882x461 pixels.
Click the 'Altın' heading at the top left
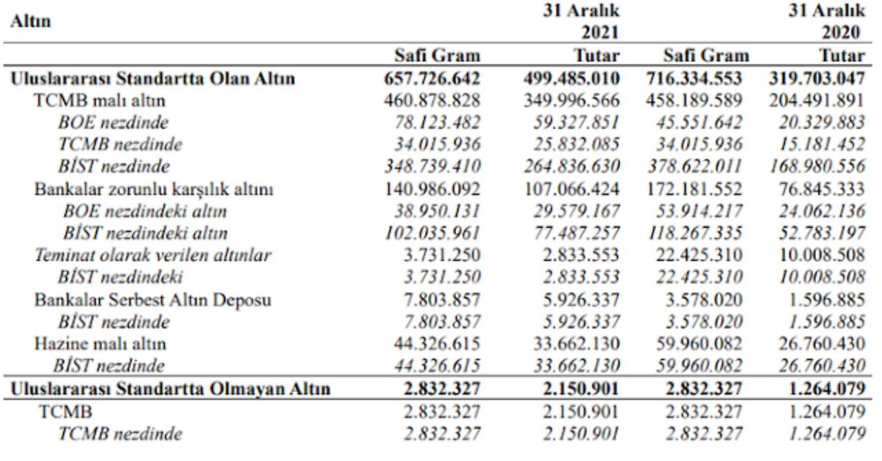coord(31,21)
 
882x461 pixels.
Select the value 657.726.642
coord(432,79)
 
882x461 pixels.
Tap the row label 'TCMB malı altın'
coord(100,101)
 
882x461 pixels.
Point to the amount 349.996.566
coord(571,101)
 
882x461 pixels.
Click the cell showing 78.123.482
coord(432,123)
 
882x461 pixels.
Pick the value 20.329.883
coord(817,123)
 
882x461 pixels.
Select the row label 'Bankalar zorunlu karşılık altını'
coord(154,189)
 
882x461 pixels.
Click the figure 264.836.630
coord(571,167)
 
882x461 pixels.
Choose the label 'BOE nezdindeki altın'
coord(145,212)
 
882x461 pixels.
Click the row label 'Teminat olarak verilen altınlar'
coord(153,256)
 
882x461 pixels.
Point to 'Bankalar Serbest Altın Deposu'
coord(152,300)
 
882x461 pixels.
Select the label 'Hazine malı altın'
coord(101,344)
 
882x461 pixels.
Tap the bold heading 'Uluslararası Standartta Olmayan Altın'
coord(170,389)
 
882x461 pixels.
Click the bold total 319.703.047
coord(817,79)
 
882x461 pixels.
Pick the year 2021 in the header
coord(599,32)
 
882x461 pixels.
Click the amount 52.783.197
coord(817,234)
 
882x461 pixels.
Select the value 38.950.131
coord(432,212)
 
